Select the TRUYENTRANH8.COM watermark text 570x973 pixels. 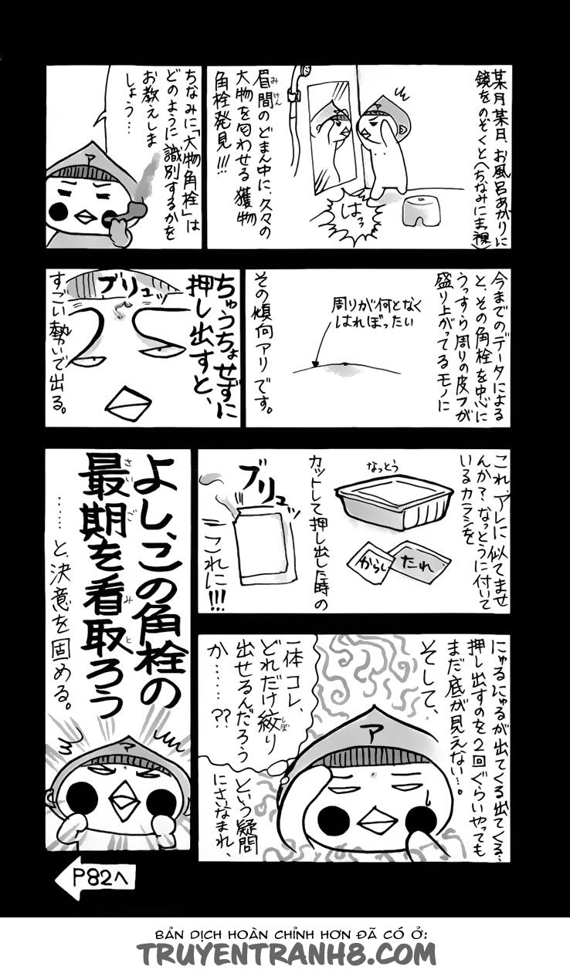pyautogui.click(x=287, y=954)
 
